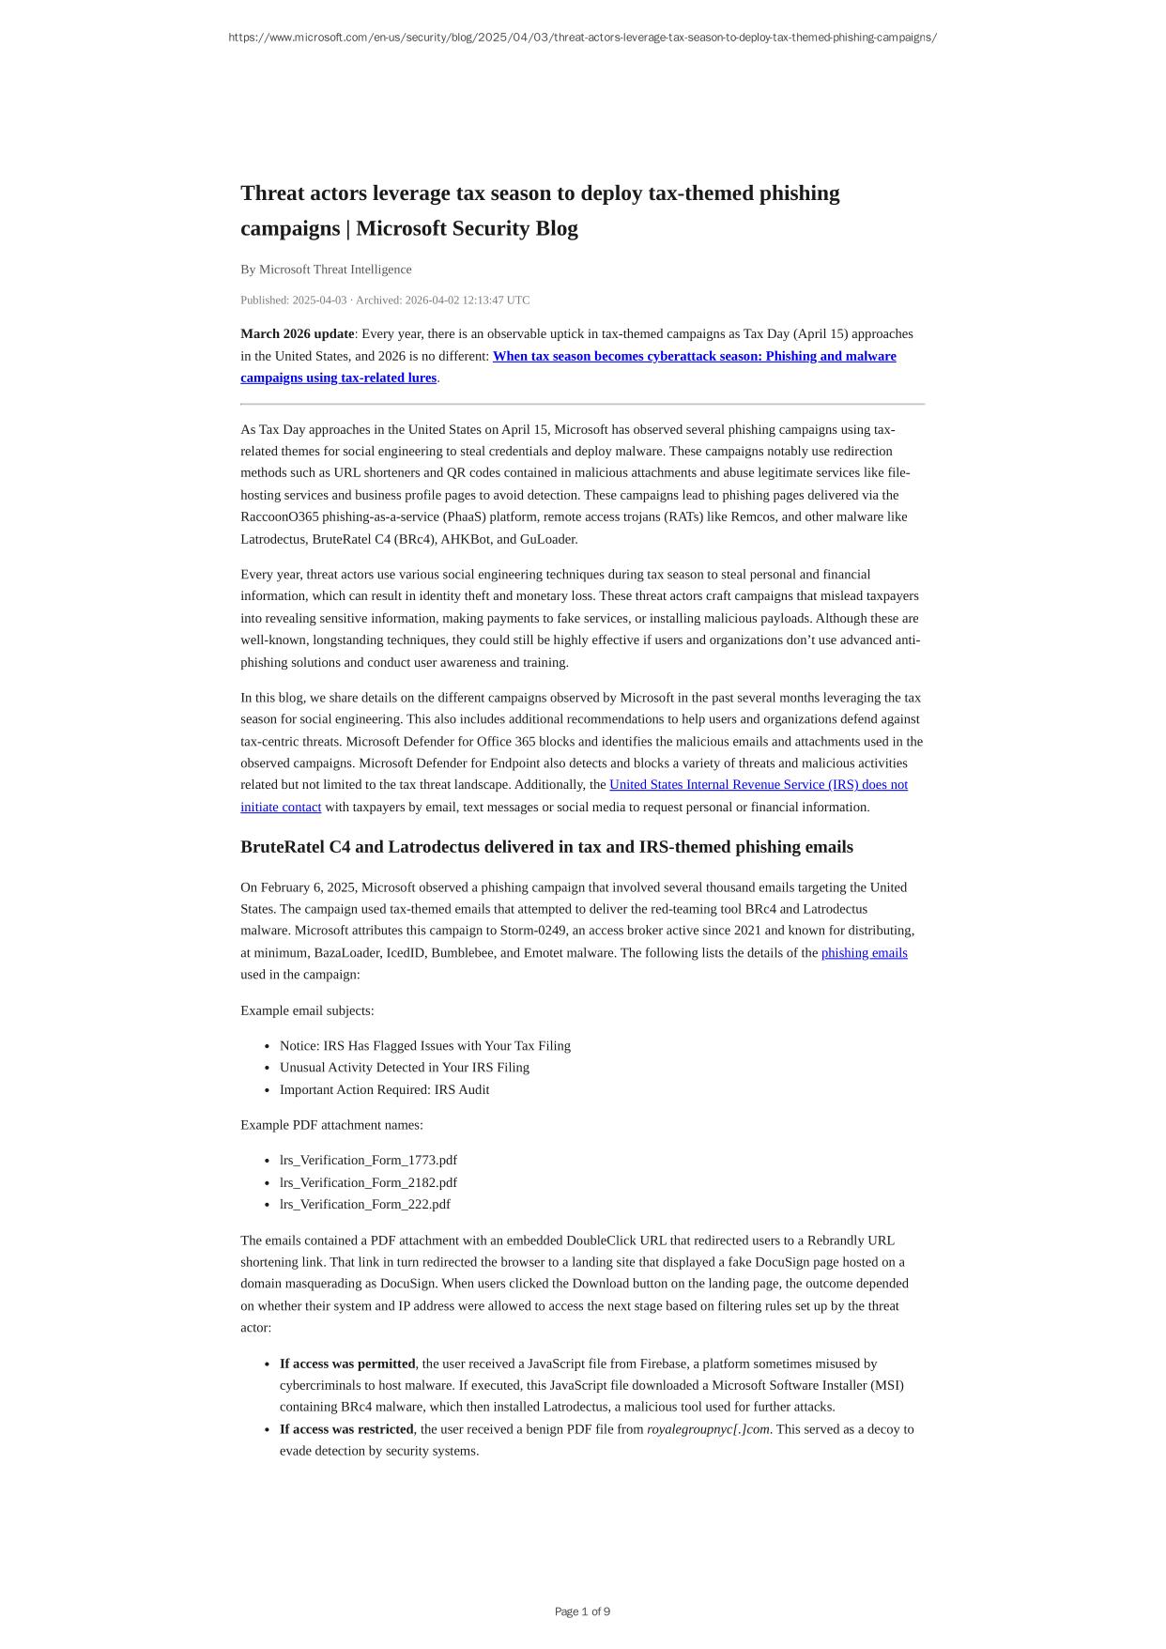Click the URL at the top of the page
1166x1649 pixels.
pyautogui.click(x=582, y=38)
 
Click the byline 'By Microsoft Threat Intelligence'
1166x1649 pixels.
pyautogui.click(x=326, y=270)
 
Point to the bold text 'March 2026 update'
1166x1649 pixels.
pyautogui.click(x=298, y=334)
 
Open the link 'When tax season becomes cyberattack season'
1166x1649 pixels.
pyautogui.click(x=694, y=356)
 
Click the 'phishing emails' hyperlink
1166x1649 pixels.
pyautogui.click(x=864, y=953)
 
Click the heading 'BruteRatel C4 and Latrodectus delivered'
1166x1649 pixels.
pyautogui.click(x=546, y=847)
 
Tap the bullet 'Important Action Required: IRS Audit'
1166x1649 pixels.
pyautogui.click(x=384, y=1090)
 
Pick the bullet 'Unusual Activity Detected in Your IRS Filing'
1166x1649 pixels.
pyautogui.click(x=404, y=1068)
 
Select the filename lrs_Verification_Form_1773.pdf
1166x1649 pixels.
pyautogui.click(x=368, y=1161)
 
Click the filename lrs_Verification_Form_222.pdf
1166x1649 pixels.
pyautogui.click(x=364, y=1205)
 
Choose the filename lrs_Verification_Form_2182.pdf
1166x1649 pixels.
pyautogui.click(x=368, y=1183)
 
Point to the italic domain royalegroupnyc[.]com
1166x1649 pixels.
pyautogui.click(x=708, y=1429)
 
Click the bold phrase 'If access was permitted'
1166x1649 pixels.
pyautogui.click(x=347, y=1364)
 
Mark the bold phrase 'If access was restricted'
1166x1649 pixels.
pyautogui.click(x=346, y=1429)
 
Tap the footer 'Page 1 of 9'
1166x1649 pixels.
pyautogui.click(x=582, y=1611)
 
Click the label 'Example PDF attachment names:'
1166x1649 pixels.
pyautogui.click(x=331, y=1125)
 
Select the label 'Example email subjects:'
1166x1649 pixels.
pyautogui.click(x=307, y=1010)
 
